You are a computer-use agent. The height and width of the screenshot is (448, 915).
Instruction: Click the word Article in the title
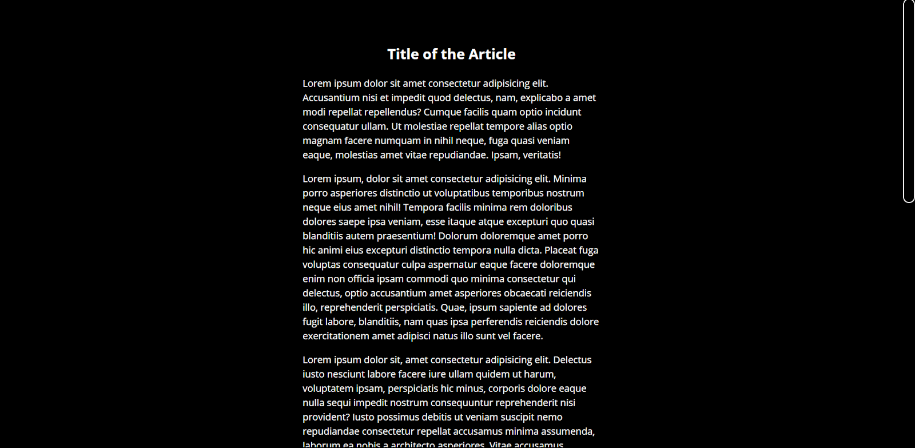coord(492,54)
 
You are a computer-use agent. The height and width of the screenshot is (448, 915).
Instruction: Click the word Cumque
coord(441,112)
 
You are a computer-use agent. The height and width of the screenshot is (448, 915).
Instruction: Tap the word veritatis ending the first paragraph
coord(542,155)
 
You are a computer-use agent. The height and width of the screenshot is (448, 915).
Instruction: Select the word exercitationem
coord(336,336)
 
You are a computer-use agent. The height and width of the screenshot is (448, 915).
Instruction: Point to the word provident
coord(325,417)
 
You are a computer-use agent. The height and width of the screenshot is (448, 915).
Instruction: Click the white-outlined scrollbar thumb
coord(909,101)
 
